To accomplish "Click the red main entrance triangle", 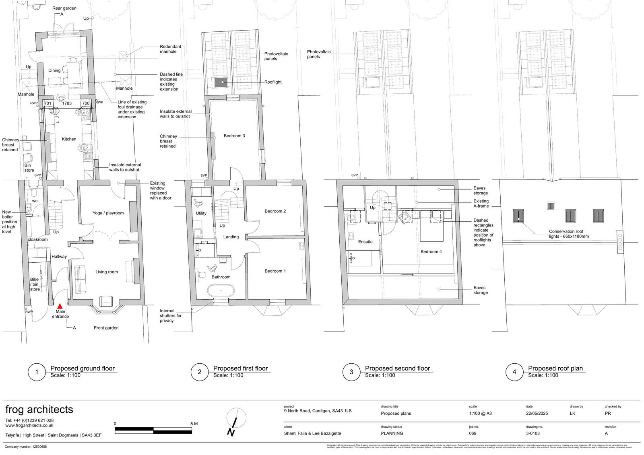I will (x=60, y=306).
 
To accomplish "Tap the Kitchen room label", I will (x=69, y=139).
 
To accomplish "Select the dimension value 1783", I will (x=67, y=103).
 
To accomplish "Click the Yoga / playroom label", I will (x=108, y=213).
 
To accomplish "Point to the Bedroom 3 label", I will (x=234, y=136).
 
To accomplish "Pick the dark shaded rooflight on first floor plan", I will (x=221, y=82).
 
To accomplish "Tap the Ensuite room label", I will (x=365, y=242).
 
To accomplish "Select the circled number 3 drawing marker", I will (x=351, y=372).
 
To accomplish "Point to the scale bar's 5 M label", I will (x=194, y=424).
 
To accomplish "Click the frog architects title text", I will (x=39, y=410).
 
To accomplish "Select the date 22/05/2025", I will (x=537, y=413).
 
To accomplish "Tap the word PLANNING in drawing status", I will (x=392, y=433).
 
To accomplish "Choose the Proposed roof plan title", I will (x=555, y=368).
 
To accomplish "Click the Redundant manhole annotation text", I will (x=170, y=49).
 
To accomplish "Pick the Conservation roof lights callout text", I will (x=568, y=234).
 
